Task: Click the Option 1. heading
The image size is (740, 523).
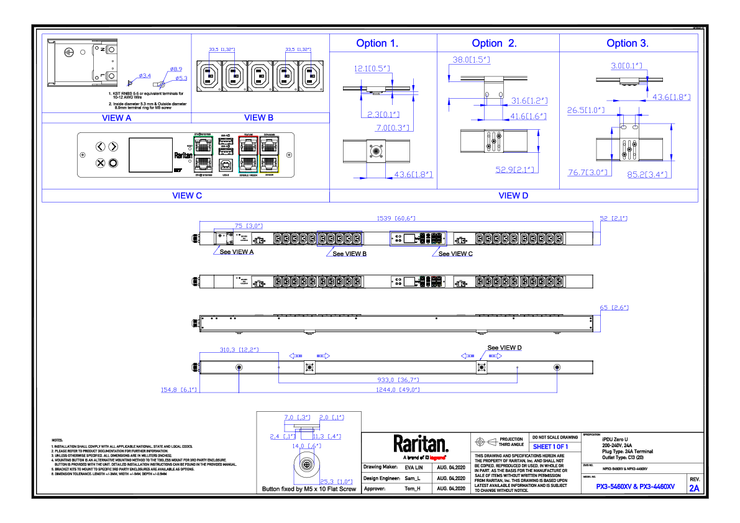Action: pos(377,43)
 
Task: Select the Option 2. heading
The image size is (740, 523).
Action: pos(494,43)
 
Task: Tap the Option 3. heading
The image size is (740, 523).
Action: pos(628,43)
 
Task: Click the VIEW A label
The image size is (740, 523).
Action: pos(117,117)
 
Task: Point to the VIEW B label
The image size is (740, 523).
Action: pos(259,117)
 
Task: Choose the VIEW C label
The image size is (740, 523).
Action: pos(187,196)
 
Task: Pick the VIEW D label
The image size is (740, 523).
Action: pos(513,196)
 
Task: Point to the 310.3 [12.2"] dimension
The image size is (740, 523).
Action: pos(239,350)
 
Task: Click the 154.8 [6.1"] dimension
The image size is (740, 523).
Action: pos(179,389)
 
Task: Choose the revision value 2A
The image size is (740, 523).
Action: pos(694,488)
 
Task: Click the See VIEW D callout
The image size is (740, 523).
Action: pos(505,348)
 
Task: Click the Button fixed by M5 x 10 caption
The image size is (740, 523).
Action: pos(309,489)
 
